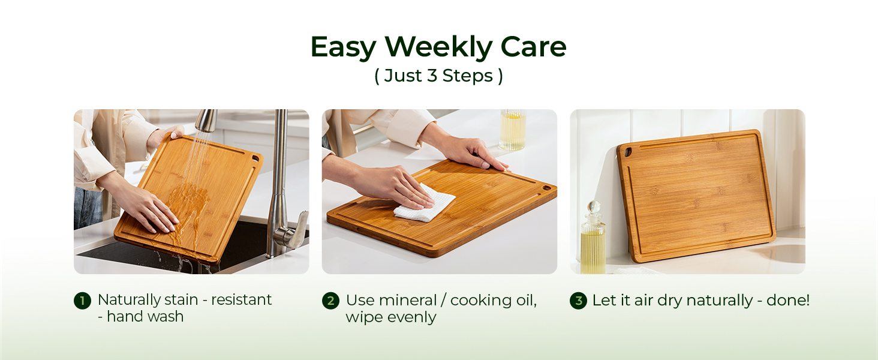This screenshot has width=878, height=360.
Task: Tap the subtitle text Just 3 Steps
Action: click(438, 76)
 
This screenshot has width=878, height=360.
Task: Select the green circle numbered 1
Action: click(82, 301)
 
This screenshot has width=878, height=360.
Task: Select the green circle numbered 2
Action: click(330, 301)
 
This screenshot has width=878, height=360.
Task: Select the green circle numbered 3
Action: click(578, 301)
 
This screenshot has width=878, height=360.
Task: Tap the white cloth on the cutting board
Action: click(424, 204)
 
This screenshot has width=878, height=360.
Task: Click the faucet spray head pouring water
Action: click(206, 120)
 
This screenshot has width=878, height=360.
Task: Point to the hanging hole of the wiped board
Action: click(546, 188)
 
